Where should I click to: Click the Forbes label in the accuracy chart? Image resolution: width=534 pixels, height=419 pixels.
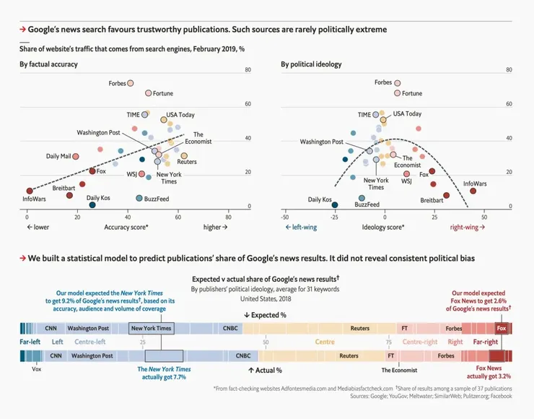117,84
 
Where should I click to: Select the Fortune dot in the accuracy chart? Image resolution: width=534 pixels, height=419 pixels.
148,93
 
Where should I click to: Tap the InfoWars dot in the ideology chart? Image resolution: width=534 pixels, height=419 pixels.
473,191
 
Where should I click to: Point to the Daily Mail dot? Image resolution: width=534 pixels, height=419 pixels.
76,156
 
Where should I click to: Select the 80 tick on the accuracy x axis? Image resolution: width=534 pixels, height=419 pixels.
228,217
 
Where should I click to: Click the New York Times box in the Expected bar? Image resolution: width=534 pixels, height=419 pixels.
151,328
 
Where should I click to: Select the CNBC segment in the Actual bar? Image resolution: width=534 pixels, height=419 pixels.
245,355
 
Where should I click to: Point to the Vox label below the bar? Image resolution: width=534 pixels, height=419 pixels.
38,369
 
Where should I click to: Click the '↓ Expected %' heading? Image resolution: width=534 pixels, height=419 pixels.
266,315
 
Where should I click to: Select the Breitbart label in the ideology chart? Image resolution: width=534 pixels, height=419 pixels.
432,200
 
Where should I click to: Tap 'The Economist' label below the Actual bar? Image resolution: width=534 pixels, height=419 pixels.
400,369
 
